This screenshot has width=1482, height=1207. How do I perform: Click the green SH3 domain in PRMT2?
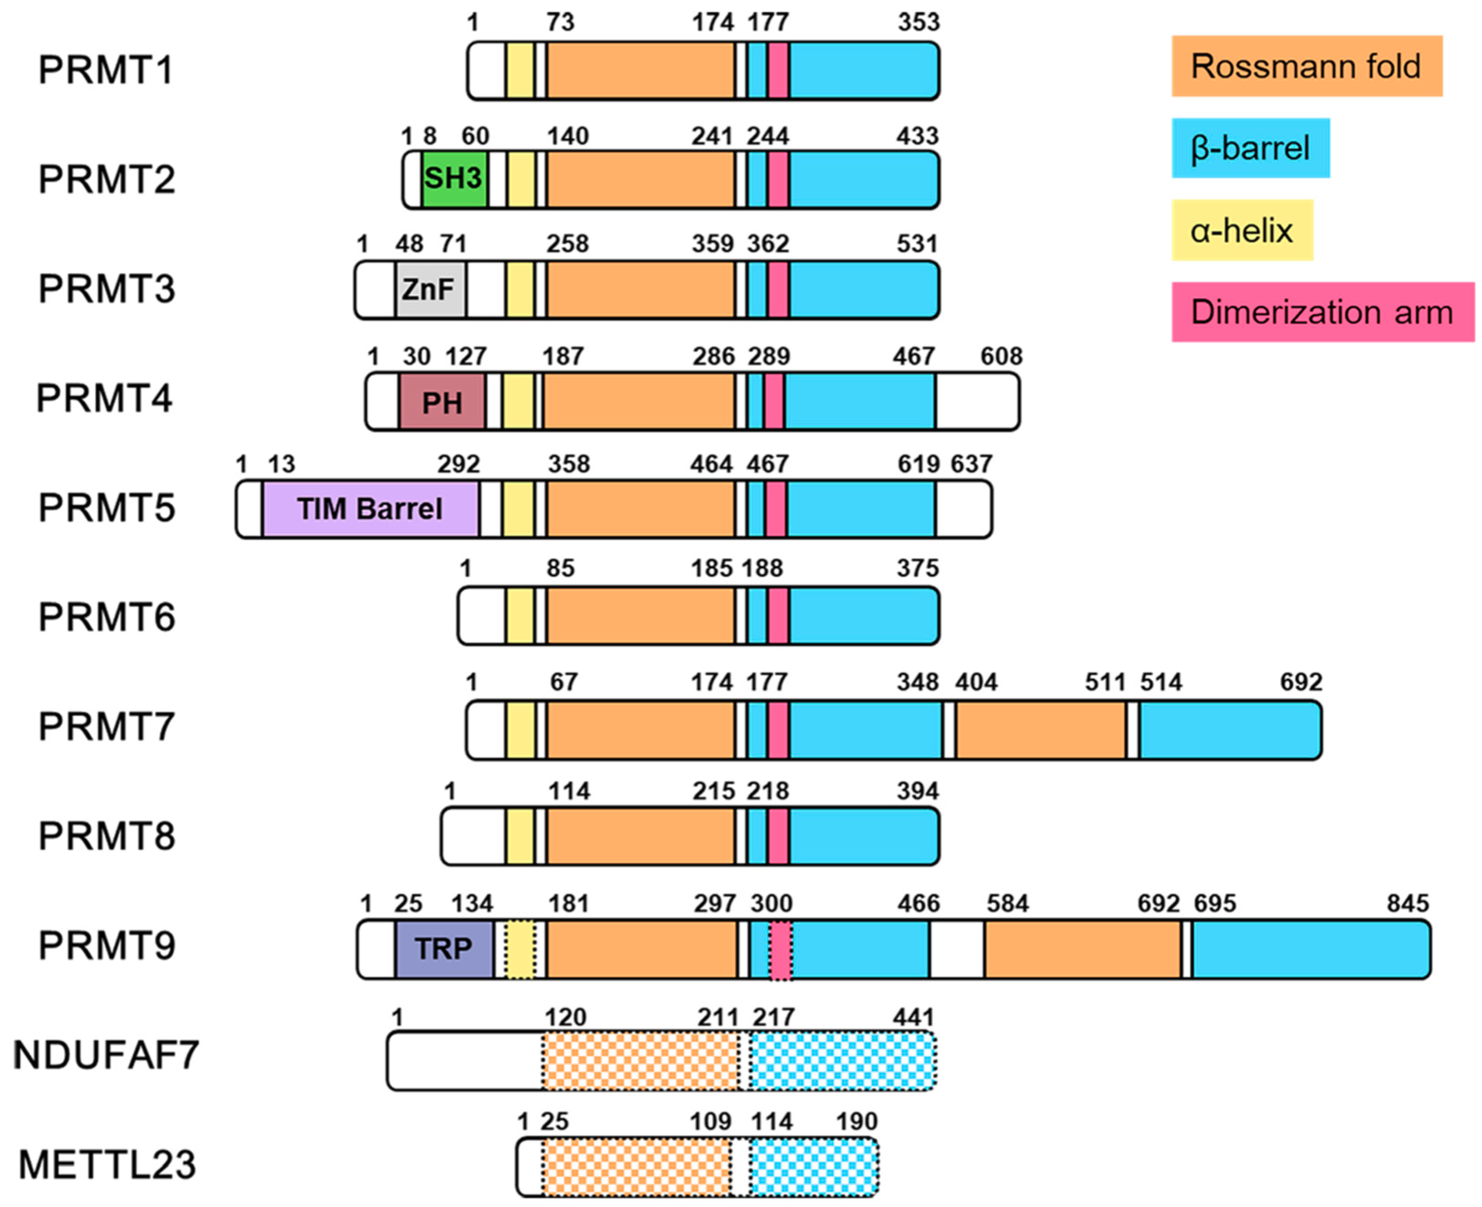(453, 179)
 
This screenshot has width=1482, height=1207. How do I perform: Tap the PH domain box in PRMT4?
(442, 401)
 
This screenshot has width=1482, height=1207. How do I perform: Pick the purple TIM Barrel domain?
(370, 509)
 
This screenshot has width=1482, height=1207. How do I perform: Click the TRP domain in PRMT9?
(443, 948)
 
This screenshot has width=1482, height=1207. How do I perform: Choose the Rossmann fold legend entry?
(1305, 66)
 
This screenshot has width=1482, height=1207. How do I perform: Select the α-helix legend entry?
(1242, 230)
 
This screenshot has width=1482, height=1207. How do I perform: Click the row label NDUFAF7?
(106, 1055)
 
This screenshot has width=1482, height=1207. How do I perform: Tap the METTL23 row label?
(107, 1165)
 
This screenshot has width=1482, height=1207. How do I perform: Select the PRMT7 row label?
(106, 727)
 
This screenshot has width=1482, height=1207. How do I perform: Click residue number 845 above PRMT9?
(1407, 903)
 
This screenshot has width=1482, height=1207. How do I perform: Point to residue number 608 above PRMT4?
(1001, 357)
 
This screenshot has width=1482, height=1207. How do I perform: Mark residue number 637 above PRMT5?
(971, 464)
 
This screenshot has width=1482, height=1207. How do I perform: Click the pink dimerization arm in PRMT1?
(779, 70)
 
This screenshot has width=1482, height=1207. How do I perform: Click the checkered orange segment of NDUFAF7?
(639, 1060)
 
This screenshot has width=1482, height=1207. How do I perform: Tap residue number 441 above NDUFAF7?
(913, 1017)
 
